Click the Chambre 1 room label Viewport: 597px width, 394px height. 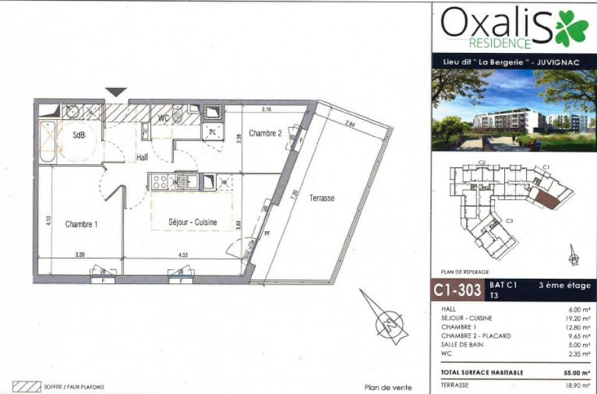tap(81, 224)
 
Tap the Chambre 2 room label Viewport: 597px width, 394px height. tap(265, 134)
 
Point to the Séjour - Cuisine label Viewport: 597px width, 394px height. tap(192, 222)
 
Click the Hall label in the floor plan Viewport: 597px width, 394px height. tap(142, 158)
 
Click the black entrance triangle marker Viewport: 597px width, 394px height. tap(117, 92)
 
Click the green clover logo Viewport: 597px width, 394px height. tap(571, 28)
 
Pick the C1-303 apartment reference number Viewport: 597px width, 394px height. tap(457, 290)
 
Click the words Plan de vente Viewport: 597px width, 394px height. tap(388, 387)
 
